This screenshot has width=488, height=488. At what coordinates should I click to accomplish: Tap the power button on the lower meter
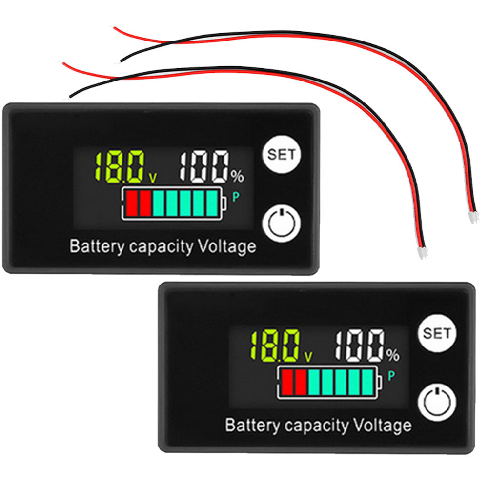[x=437, y=400]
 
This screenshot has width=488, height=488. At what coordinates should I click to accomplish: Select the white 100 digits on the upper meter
[x=204, y=167]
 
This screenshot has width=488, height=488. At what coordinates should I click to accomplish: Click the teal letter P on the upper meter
[x=236, y=197]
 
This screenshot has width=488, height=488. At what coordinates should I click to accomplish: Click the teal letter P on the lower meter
[x=391, y=375]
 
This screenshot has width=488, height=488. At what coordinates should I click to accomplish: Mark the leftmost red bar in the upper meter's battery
[x=131, y=203]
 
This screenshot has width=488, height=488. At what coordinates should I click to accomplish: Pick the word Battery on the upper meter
[x=97, y=246]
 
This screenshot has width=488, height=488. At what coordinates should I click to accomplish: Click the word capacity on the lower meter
[x=317, y=426]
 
